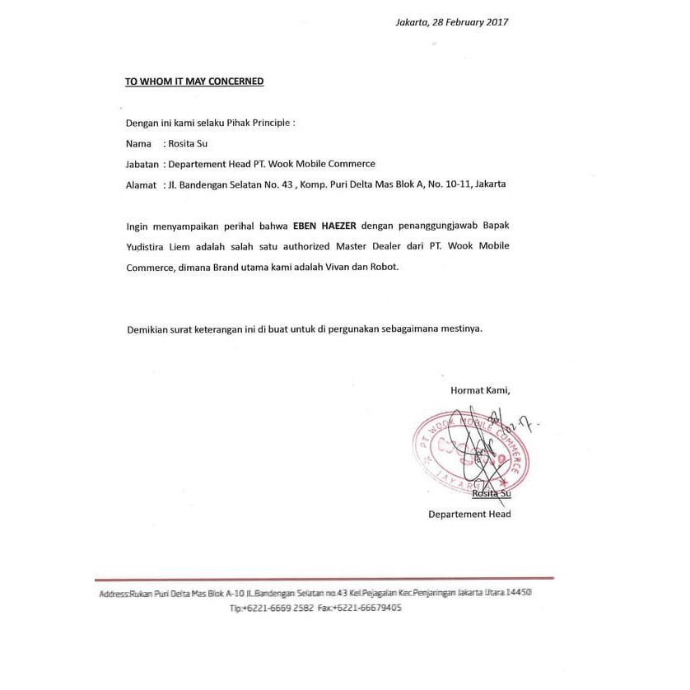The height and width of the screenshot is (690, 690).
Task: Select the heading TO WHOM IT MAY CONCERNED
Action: click(x=193, y=82)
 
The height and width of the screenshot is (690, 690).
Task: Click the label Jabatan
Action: click(x=142, y=164)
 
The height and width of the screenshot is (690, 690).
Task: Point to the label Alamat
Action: click(x=141, y=184)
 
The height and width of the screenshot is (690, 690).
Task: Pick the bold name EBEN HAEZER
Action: click(x=326, y=225)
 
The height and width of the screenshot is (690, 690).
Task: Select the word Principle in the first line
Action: click(x=270, y=123)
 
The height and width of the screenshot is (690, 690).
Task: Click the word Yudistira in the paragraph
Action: click(x=147, y=246)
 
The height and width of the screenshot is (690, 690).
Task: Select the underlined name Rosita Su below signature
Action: click(x=492, y=493)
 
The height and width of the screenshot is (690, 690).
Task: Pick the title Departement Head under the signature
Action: click(x=469, y=515)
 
